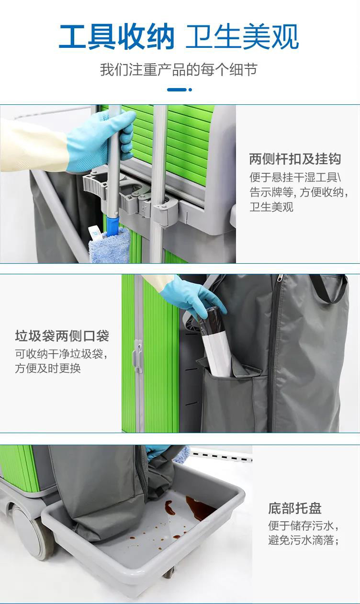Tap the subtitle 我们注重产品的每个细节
pyautogui.click(x=179, y=69)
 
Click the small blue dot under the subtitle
pyautogui.click(x=190, y=89)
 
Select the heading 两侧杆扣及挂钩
pyautogui.click(x=294, y=159)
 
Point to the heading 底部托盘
pyautogui.click(x=295, y=508)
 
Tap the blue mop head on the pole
pyautogui.click(x=110, y=246)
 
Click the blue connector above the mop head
pyautogui.click(x=112, y=226)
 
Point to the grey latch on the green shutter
pyautogui.click(x=138, y=357)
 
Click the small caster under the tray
pyautogui.click(x=169, y=572)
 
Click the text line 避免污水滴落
pyautogui.click(x=304, y=541)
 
